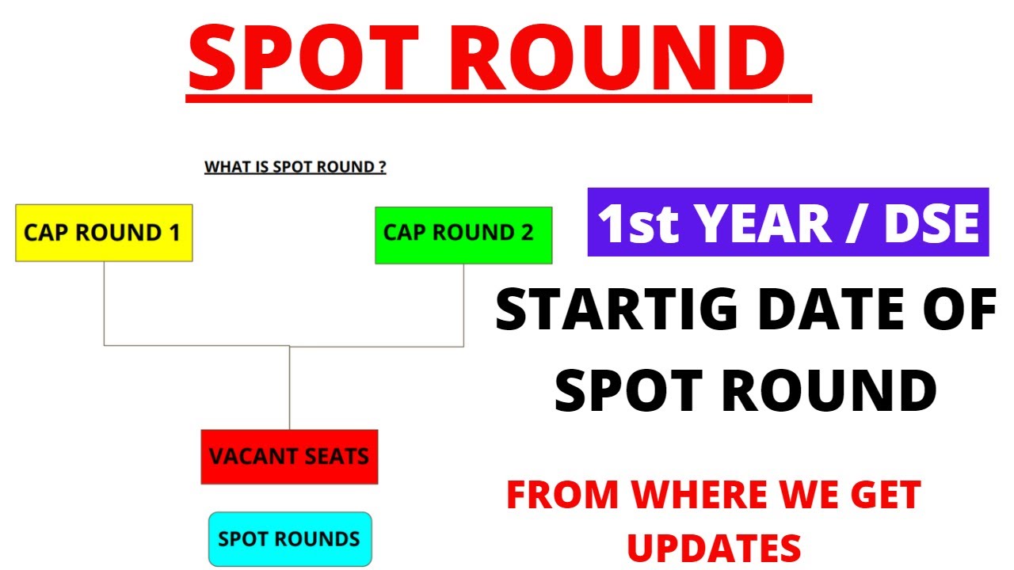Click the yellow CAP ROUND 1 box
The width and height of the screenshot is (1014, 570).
pyautogui.click(x=104, y=233)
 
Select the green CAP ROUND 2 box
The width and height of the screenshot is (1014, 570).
pyautogui.click(x=463, y=235)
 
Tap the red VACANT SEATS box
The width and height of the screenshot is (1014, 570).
pyautogui.click(x=289, y=457)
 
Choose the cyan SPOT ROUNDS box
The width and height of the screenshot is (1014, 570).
pyautogui.click(x=289, y=539)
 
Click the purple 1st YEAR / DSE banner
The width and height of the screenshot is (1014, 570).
pyautogui.click(x=788, y=222)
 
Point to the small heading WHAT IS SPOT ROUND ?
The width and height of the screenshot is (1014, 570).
pyautogui.click(x=295, y=167)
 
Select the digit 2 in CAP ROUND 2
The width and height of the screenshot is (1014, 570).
pyautogui.click(x=527, y=233)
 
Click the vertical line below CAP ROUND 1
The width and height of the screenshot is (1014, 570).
pyautogui.click(x=105, y=303)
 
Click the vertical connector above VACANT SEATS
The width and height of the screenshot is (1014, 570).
pyautogui.click(x=289, y=388)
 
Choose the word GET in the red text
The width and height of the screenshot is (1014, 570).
pyautogui.click(x=885, y=496)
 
